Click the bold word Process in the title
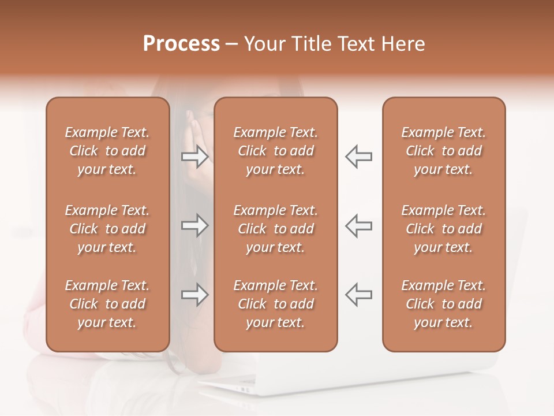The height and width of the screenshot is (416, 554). click(x=181, y=44)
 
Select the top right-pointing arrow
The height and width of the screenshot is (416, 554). click(x=194, y=157)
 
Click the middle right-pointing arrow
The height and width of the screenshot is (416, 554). click(x=194, y=226)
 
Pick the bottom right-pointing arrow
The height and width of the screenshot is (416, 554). click(x=194, y=295)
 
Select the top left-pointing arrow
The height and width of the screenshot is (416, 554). click(x=359, y=157)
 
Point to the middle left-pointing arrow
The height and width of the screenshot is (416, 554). click(x=359, y=226)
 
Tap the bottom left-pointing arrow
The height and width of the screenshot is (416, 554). click(x=359, y=295)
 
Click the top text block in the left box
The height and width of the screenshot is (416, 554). click(x=107, y=151)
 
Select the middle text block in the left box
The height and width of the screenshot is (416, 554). click(x=107, y=229)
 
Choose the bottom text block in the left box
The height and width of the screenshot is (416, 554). click(x=107, y=304)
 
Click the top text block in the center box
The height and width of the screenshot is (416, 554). click(x=276, y=151)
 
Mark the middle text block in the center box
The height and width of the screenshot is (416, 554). click(x=276, y=229)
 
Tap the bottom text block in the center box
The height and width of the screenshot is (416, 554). click(x=276, y=304)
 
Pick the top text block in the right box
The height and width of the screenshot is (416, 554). click(x=444, y=151)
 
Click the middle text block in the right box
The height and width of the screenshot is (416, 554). click(x=444, y=229)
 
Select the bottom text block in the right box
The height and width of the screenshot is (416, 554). click(x=444, y=304)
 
